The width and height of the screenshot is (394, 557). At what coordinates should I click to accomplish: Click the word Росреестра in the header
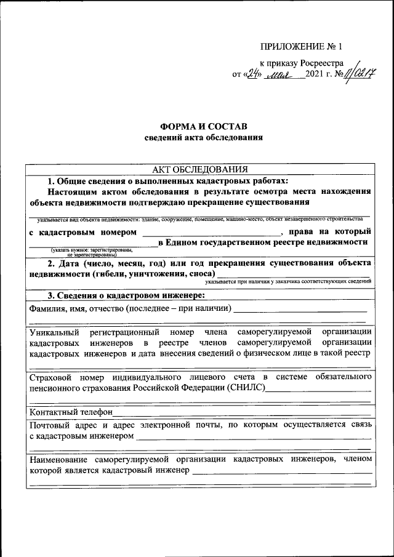pyautogui.click(x=321, y=63)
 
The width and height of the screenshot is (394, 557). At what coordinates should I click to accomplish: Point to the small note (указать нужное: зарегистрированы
pyautogui.click(x=92, y=249)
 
